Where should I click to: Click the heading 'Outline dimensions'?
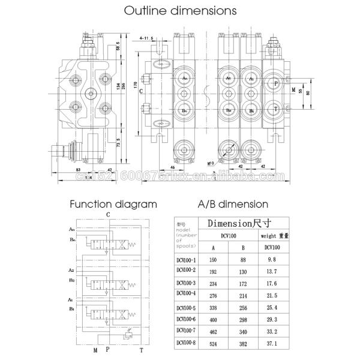[180, 10]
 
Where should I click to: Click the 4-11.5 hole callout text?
[148, 38]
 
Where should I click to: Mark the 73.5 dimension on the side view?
[118, 145]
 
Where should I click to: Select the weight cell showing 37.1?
[272, 344]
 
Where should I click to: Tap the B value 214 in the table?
[243, 294]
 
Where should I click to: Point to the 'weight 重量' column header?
[272, 236]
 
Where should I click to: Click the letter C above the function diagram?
[107, 214]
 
